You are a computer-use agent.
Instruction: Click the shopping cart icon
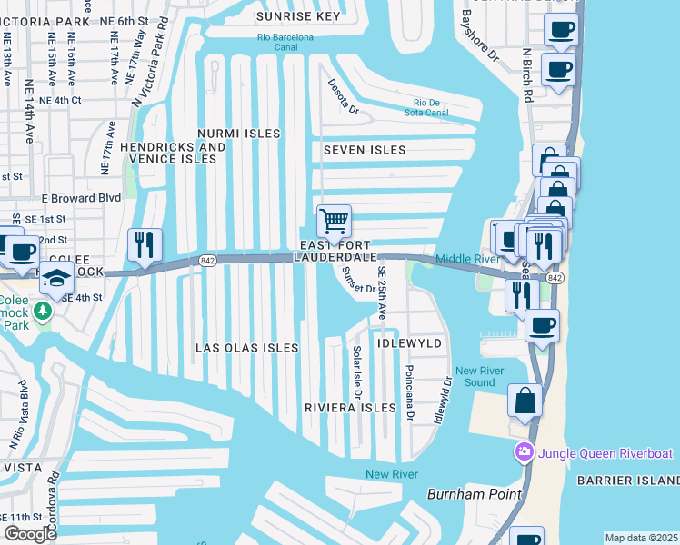click(335, 222)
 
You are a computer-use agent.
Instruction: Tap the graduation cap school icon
click(56, 278)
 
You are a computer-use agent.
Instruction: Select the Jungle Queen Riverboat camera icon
click(524, 451)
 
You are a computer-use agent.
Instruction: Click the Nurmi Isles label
click(239, 134)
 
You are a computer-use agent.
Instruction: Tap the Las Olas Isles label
click(247, 348)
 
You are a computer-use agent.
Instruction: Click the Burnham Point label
click(475, 494)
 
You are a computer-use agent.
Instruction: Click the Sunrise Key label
click(298, 16)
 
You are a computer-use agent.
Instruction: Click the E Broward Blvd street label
click(81, 197)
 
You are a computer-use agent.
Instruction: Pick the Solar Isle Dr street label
click(357, 372)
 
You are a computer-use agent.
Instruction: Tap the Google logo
click(31, 534)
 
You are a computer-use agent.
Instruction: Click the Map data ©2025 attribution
click(641, 538)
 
